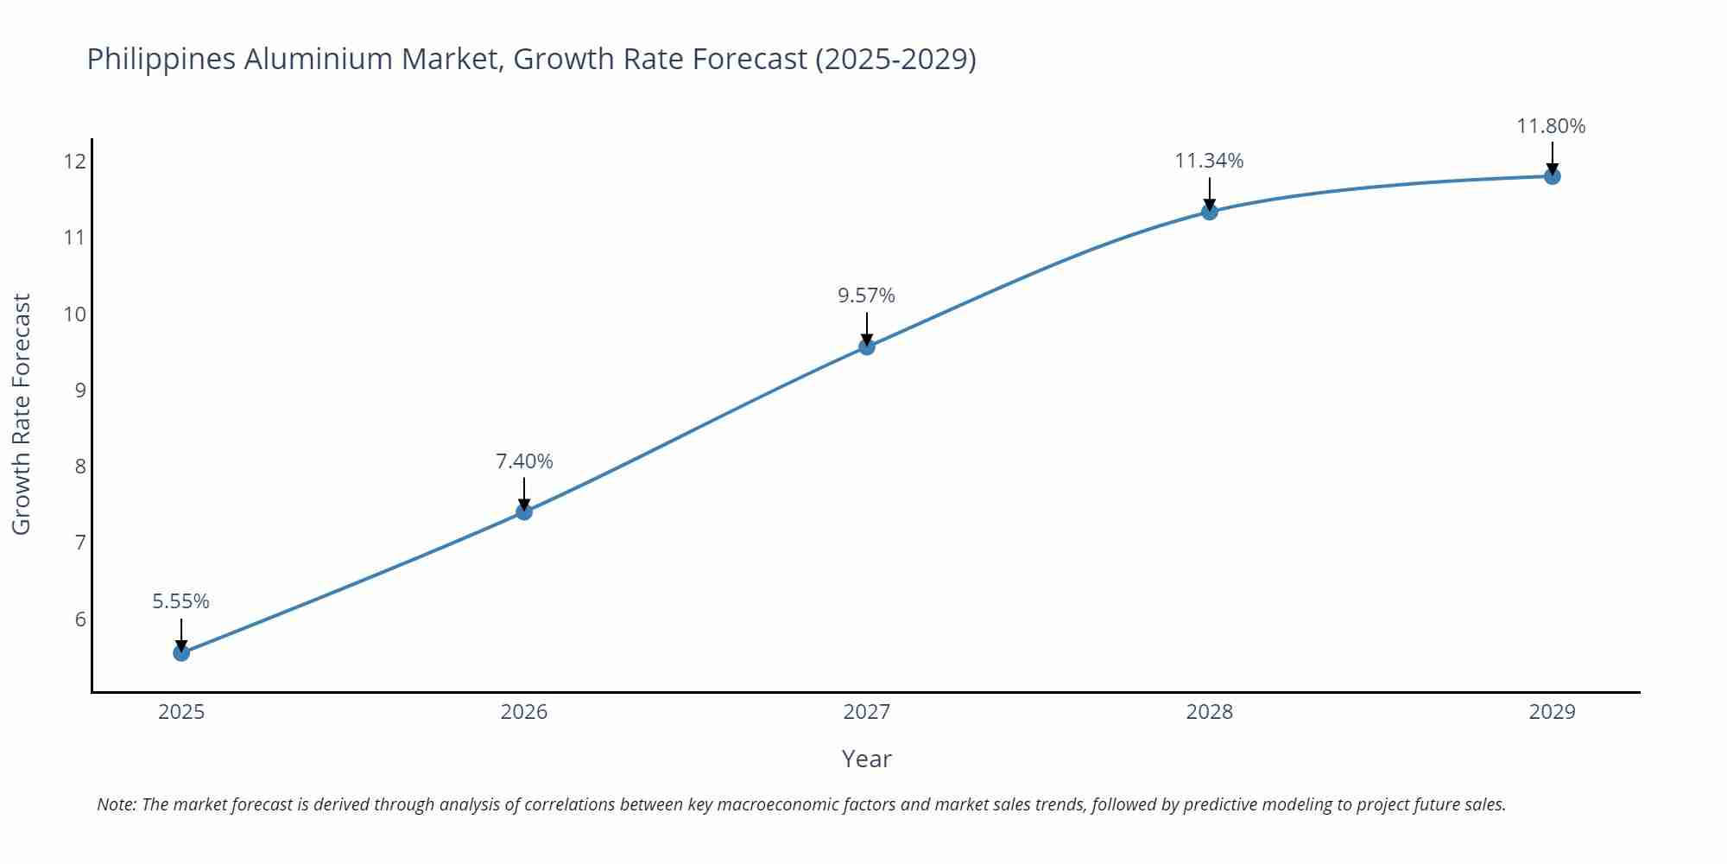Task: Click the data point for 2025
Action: pos(181,652)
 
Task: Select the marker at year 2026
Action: pos(524,511)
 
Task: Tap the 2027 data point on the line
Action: pos(867,346)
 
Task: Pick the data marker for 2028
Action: pos(1210,211)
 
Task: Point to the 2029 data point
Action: pos(1552,176)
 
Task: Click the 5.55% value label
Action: pos(181,601)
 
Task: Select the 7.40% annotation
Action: pos(524,461)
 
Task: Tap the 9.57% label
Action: pos(867,295)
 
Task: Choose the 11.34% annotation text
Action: pos(1209,161)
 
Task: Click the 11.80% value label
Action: pos(1551,126)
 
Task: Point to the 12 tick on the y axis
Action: pos(75,162)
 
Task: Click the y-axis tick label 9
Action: pos(80,390)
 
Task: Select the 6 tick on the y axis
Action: pos(80,619)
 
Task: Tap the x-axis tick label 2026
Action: pos(524,712)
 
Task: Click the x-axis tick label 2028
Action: pos(1210,712)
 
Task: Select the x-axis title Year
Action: pos(866,759)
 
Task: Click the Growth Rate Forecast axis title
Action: pos(22,414)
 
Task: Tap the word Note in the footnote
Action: pos(115,804)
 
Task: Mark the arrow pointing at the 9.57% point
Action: pos(867,328)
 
